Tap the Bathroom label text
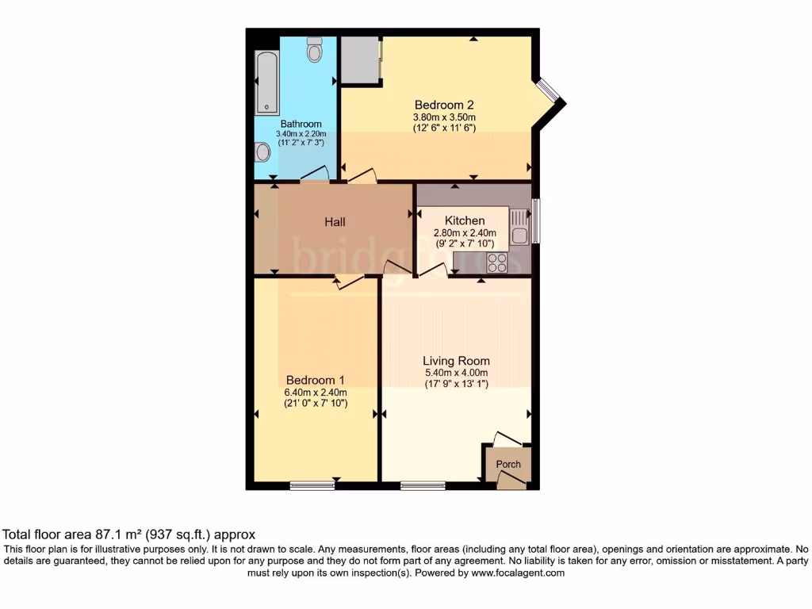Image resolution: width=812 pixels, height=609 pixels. tap(301, 124)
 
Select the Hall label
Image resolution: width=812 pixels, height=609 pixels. tap(335, 222)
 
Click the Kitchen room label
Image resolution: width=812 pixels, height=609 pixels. tap(465, 220)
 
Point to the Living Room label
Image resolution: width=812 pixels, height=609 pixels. tap(456, 360)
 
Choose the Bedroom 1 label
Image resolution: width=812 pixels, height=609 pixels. tap(316, 379)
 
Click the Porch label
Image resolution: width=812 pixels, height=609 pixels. tap(508, 464)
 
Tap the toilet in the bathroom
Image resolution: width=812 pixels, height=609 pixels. tap(316, 49)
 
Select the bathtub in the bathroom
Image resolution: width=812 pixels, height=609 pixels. tap(266, 82)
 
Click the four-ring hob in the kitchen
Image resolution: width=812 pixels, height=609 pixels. tap(497, 262)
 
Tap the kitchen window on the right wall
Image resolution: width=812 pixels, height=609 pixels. tap(534, 221)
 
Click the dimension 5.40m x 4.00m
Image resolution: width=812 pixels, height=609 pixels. tap(456, 373)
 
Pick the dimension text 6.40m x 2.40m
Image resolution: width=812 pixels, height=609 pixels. tap(316, 392)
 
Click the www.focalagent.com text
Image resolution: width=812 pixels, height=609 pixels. tap(518, 573)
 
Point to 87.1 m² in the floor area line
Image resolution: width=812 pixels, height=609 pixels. tap(114, 535)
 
